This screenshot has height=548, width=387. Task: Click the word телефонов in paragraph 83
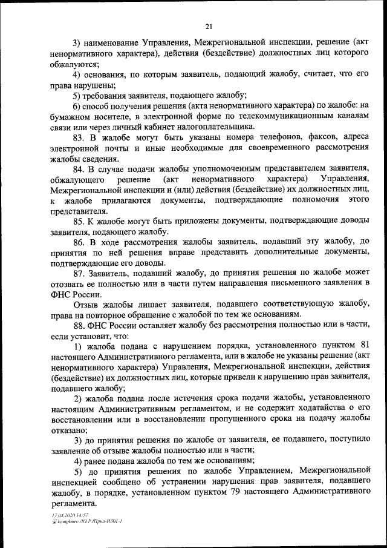click(255, 137)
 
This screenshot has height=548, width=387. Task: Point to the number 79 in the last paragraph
click(236, 493)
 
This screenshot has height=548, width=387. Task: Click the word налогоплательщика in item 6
click(220, 127)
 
